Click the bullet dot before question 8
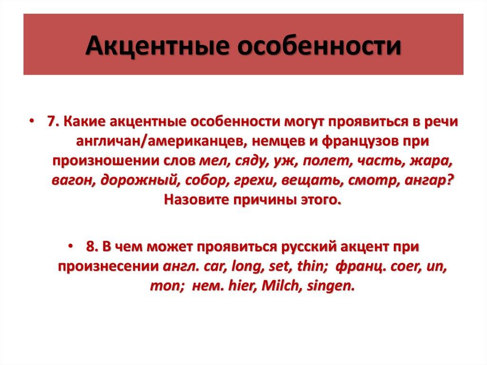pos(70,247)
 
